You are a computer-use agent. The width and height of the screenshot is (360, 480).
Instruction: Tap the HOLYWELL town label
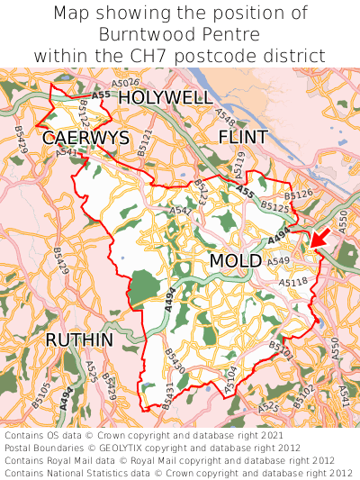(x=166, y=97)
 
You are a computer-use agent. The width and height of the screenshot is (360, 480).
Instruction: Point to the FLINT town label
(x=243, y=137)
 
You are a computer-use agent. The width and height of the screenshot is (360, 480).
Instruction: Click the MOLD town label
(x=235, y=261)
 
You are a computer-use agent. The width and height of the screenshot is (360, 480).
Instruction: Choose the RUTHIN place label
(x=79, y=340)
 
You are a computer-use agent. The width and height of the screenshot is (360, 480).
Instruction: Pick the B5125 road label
(x=275, y=207)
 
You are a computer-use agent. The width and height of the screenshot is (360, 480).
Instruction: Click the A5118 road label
(x=292, y=282)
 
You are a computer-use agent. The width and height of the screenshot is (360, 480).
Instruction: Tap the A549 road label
(x=278, y=261)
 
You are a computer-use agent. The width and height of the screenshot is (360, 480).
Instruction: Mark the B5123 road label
(x=200, y=191)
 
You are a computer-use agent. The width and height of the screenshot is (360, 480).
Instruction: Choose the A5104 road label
(x=230, y=377)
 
